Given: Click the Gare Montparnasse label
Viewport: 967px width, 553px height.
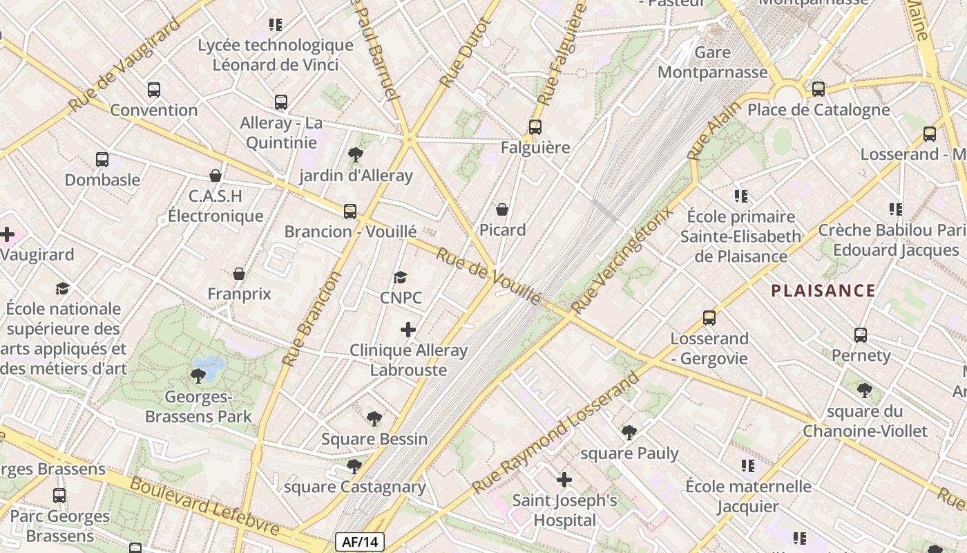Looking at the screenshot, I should click(712, 62).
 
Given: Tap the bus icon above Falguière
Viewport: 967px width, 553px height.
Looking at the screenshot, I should click(535, 127).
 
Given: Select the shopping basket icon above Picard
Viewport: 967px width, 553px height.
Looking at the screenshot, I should click(502, 209).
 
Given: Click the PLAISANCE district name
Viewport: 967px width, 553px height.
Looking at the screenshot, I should click(823, 291).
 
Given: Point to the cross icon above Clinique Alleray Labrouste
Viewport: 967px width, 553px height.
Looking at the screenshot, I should click(408, 330).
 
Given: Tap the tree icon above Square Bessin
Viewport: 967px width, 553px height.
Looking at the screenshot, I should click(374, 418).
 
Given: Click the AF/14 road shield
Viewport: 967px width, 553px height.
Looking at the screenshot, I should click(359, 542).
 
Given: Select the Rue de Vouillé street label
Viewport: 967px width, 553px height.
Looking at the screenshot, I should click(488, 274).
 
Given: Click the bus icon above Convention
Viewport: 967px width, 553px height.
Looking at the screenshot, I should click(154, 90).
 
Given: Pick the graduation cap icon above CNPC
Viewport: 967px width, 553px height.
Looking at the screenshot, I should click(400, 278).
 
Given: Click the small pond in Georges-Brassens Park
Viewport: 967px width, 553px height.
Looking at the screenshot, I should click(209, 364).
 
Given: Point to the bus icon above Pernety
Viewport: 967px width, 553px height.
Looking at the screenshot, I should click(861, 335).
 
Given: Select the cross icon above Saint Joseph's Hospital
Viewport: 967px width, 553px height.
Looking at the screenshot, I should click(564, 479).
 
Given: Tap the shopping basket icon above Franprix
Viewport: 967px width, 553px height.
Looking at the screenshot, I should click(239, 274).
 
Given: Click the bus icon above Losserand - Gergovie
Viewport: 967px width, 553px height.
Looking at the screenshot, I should click(709, 318).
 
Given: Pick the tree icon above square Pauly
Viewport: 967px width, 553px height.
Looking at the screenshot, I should click(629, 433).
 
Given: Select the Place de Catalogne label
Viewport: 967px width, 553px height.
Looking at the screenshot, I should click(818, 110).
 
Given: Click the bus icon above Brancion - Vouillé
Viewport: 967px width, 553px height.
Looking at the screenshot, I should click(350, 211).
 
